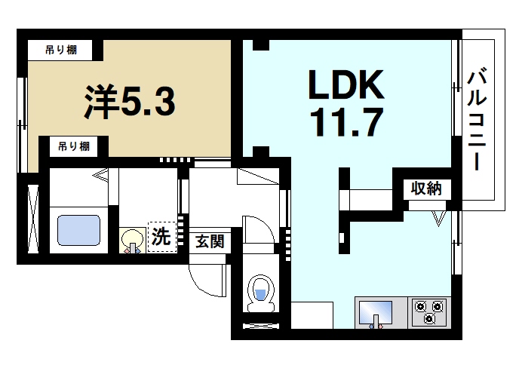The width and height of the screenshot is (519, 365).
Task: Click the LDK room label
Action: [345, 85]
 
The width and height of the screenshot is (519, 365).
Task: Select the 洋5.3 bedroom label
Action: [129, 100]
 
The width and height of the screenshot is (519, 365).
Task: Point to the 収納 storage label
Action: [425, 189]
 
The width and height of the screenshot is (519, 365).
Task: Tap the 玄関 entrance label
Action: [208, 242]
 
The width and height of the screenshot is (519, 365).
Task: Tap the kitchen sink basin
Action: [375, 312]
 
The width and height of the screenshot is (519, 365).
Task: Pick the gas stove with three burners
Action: [429, 312]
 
